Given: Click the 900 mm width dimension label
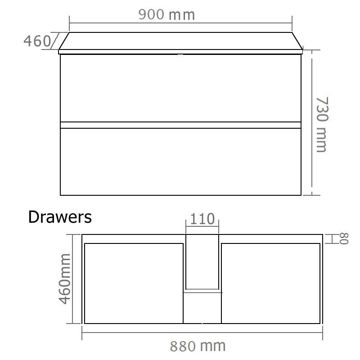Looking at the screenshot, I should tap(166, 14).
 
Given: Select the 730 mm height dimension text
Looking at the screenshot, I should tap(321, 124).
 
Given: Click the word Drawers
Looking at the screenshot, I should tap(60, 217).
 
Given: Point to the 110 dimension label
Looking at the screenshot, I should tap(202, 220).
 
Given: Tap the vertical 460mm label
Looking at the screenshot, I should tap(66, 279).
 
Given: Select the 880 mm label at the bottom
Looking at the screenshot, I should tap(198, 346).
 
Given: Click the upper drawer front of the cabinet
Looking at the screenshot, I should tap(180, 88).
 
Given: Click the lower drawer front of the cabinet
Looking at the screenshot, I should tap(180, 162).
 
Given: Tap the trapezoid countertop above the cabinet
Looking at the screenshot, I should tap(180, 42).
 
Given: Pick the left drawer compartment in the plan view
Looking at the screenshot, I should tap(134, 283).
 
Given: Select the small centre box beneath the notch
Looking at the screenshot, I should tap(202, 308).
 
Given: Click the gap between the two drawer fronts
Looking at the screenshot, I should tap(180, 125).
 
